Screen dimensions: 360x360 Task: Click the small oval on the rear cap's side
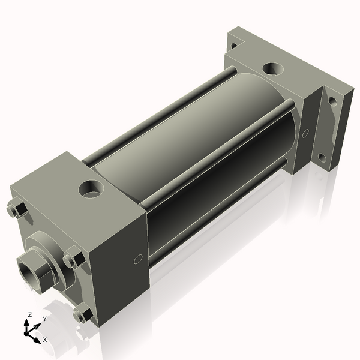tap(305, 133)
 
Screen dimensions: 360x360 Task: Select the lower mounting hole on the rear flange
tap(322, 158)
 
